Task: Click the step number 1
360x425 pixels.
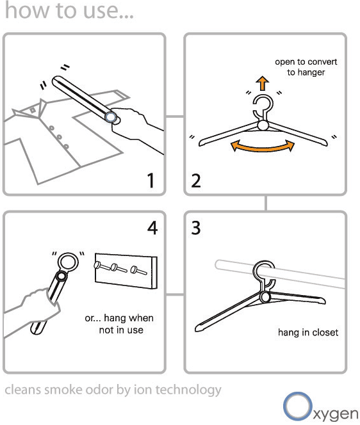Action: tap(151, 180)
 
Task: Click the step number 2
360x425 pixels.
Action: tap(196, 180)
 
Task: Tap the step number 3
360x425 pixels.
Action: tap(196, 228)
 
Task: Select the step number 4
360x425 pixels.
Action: tap(152, 228)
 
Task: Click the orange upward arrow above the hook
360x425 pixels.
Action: tap(263, 83)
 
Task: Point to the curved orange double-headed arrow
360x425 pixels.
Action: tap(263, 148)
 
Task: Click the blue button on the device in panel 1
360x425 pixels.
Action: tap(111, 117)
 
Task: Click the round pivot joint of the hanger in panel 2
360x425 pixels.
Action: tap(263, 125)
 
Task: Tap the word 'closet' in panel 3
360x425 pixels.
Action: tap(325, 332)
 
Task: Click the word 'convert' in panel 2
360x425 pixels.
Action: tap(322, 62)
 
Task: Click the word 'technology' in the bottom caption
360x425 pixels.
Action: tap(188, 390)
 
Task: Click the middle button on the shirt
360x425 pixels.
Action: tap(59, 137)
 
